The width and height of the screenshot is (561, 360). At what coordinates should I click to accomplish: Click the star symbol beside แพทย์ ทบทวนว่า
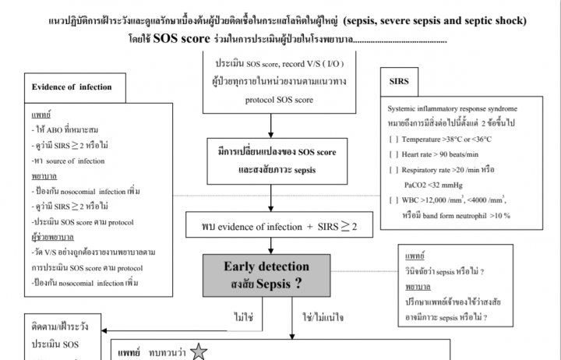(x=199, y=351)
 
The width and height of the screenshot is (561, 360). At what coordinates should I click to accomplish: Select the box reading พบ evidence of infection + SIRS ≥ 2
(x=270, y=227)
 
